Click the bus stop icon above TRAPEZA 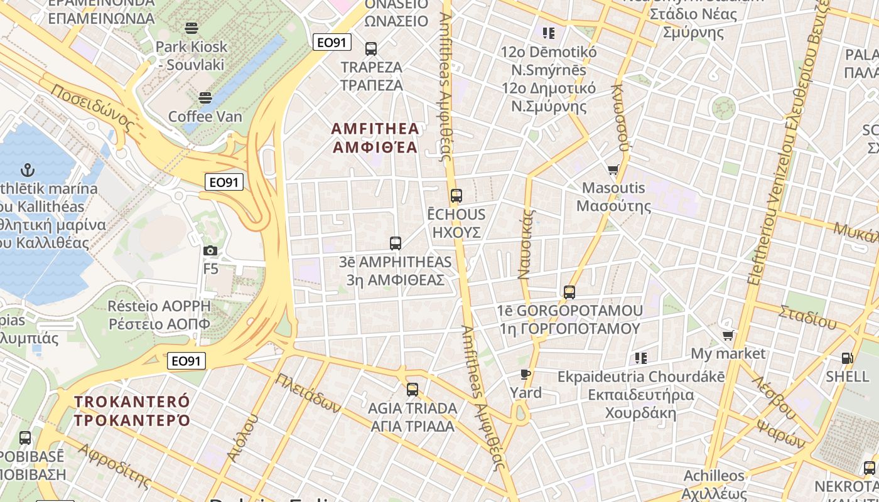[371, 48]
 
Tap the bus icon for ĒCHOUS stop [456, 196]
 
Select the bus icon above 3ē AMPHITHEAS [396, 243]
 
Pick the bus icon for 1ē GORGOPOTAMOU [569, 292]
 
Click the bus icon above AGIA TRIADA [413, 390]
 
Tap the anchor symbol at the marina [28, 170]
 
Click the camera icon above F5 [210, 251]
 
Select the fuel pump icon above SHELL [847, 358]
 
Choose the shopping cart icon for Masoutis [613, 169]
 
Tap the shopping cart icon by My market [728, 335]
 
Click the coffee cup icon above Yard [526, 375]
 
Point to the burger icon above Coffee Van [205, 98]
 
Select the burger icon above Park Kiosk [191, 28]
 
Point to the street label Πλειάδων [308, 393]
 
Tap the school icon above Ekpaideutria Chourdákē [640, 358]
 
